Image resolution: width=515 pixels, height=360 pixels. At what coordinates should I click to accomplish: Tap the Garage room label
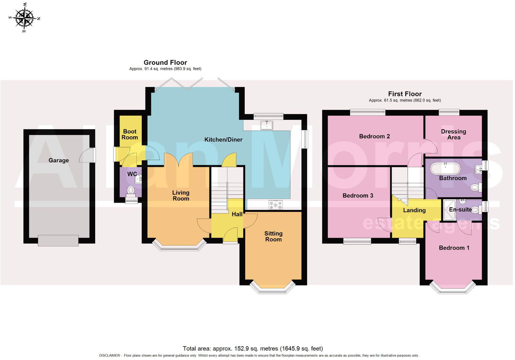tap(58, 160)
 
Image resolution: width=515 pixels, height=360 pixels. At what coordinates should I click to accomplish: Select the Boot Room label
tap(130, 134)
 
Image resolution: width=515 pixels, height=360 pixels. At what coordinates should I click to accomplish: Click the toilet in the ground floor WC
tap(131, 190)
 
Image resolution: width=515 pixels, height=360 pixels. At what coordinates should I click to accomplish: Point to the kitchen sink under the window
tap(266, 125)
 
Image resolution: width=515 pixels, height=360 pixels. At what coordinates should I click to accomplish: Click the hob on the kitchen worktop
tap(275, 205)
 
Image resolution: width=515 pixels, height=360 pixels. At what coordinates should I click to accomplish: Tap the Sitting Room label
tap(273, 236)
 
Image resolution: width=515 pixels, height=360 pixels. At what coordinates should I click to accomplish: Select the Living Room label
tap(181, 195)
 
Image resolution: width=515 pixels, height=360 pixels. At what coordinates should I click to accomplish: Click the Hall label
tap(237, 214)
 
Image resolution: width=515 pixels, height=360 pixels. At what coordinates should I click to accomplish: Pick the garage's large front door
tap(58, 240)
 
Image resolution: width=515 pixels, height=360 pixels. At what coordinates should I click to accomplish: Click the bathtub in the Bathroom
tap(445, 169)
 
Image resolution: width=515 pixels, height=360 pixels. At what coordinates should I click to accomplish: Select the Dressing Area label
tap(453, 134)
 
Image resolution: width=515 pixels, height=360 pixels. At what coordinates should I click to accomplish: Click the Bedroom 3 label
tap(358, 195)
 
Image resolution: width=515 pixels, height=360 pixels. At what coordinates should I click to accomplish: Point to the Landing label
tap(414, 210)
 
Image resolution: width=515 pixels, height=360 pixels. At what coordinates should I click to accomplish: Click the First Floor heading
tap(405, 94)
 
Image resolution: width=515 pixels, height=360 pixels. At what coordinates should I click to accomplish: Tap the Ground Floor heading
tap(165, 62)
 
